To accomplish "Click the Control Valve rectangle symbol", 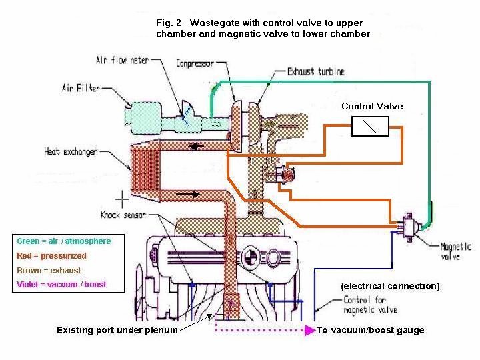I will coord(370,125).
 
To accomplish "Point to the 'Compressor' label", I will coord(195,64).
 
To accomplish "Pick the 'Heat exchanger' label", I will coord(70,151).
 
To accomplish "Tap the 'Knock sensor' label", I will coord(123,215).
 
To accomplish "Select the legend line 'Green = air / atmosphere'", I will coord(64,241).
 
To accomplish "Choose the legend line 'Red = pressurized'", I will coord(51,255).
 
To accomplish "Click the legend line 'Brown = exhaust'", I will coord(49,270).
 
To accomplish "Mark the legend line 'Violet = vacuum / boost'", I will coord(61,285).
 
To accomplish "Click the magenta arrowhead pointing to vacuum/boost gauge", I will coord(309,330).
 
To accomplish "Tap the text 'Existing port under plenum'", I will coord(117,330).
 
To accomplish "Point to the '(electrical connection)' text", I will coord(390,286).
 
